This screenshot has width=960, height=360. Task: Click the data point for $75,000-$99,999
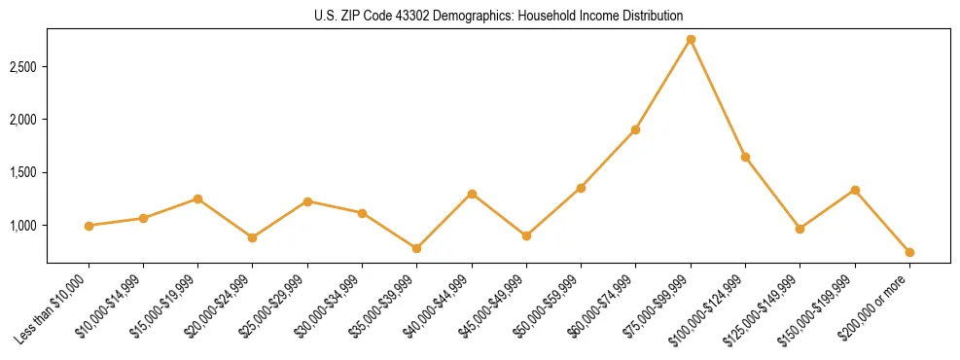pyautogui.click(x=691, y=39)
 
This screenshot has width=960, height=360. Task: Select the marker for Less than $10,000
pyautogui.click(x=89, y=226)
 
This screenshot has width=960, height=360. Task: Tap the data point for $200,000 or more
pyautogui.click(x=909, y=252)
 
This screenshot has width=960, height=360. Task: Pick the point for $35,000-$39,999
pyautogui.click(x=417, y=248)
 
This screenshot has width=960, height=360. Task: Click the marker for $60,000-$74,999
pyautogui.click(x=635, y=129)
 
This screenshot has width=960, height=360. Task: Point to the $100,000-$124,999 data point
pyautogui.click(x=745, y=157)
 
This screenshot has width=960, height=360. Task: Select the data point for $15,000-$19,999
pyautogui.click(x=197, y=198)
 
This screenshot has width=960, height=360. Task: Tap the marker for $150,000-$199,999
pyautogui.click(x=855, y=190)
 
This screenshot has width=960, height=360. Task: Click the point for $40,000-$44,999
pyautogui.click(x=472, y=194)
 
